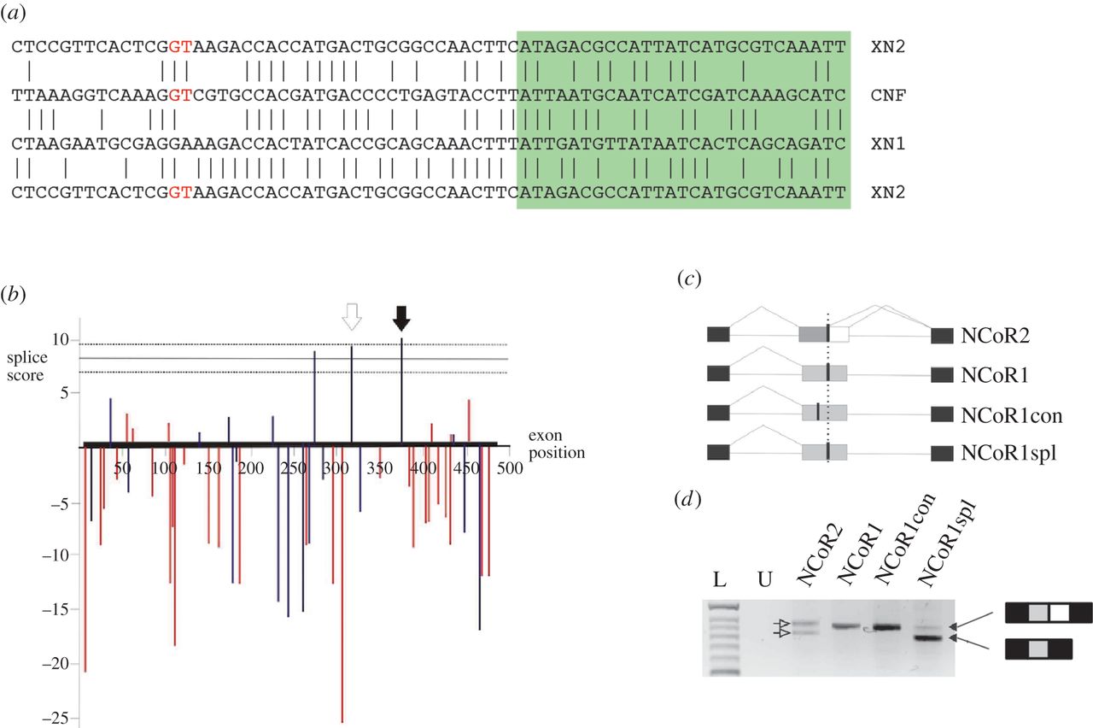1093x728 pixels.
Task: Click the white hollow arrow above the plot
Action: pos(351,318)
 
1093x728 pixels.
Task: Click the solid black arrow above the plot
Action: pos(401,318)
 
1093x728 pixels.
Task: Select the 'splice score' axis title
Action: pos(29,366)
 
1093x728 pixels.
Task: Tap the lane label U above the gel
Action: pos(766,582)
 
